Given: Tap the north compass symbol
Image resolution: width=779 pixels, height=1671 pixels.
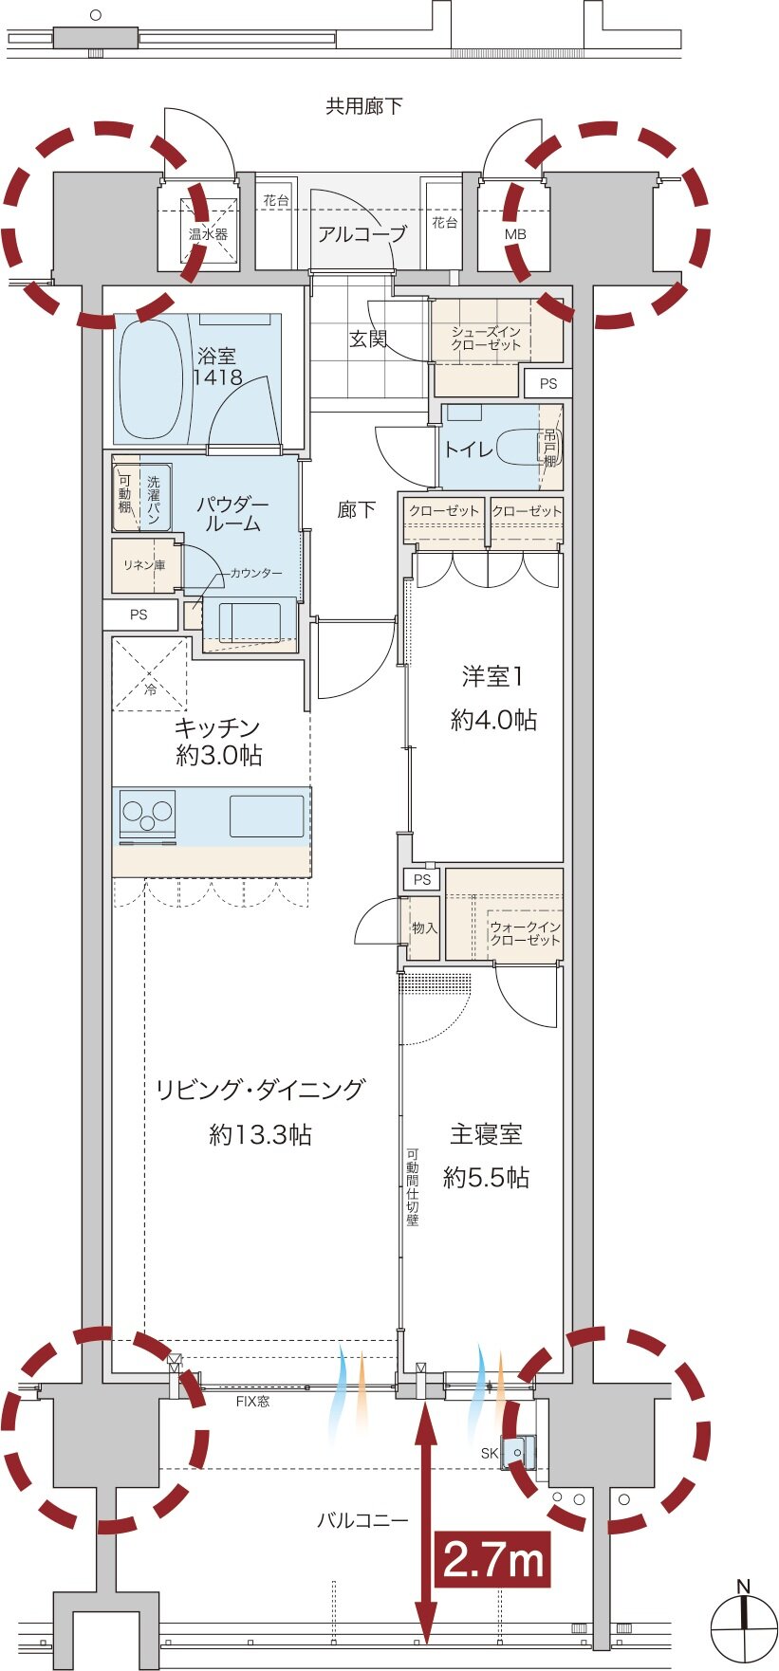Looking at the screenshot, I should (x=744, y=1627).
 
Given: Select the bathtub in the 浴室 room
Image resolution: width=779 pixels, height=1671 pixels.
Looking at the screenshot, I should (x=150, y=379).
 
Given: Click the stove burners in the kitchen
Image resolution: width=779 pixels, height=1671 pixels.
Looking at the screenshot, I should (x=148, y=814).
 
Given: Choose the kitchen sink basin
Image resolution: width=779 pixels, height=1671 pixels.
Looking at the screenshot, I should (x=267, y=817).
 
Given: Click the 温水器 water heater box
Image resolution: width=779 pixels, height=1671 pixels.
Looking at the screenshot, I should (x=208, y=233).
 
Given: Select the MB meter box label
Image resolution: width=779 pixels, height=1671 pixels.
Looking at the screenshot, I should (x=515, y=234).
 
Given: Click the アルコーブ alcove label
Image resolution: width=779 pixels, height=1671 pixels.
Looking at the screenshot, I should (x=362, y=233).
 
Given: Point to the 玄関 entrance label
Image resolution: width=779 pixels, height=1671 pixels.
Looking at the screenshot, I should (x=368, y=339).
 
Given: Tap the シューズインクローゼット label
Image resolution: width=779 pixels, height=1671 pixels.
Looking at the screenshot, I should (x=487, y=338).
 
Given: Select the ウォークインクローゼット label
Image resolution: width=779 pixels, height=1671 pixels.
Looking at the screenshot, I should (x=525, y=933).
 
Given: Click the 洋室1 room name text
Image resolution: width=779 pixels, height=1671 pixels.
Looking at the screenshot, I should (x=492, y=677).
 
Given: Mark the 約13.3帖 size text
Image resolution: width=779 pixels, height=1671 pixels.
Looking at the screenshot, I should (x=260, y=1134).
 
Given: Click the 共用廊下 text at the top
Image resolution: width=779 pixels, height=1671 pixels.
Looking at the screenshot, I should (x=364, y=106).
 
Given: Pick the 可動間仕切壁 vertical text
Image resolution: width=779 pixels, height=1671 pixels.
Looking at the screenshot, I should (x=413, y=1186).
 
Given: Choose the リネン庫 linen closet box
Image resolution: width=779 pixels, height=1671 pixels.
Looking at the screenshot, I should (x=144, y=565).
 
